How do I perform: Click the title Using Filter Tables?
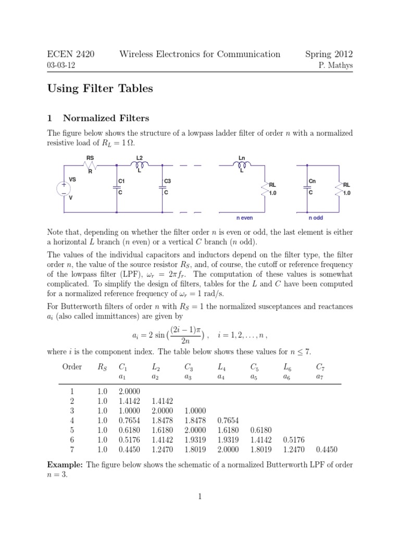(x=101, y=89)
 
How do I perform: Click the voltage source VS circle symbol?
(x=64, y=188)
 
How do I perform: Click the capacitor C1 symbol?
(x=116, y=189)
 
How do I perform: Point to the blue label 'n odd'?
(x=316, y=218)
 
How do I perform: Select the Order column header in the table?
(x=72, y=366)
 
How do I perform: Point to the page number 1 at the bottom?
(x=199, y=497)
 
